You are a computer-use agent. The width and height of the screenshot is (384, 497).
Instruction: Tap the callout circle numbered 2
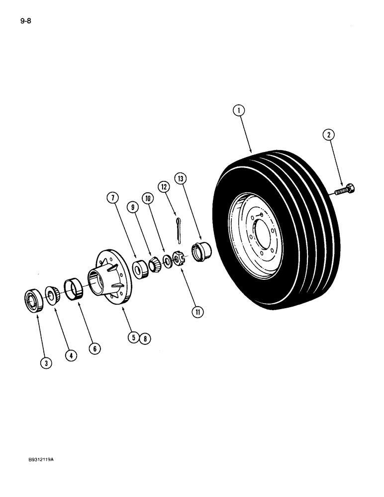pos(328,134)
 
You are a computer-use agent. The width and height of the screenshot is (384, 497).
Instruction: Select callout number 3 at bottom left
pos(46,363)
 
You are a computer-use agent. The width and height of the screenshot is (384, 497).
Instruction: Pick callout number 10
pos(148,198)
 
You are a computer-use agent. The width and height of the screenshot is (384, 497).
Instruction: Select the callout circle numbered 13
pos(181,178)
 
